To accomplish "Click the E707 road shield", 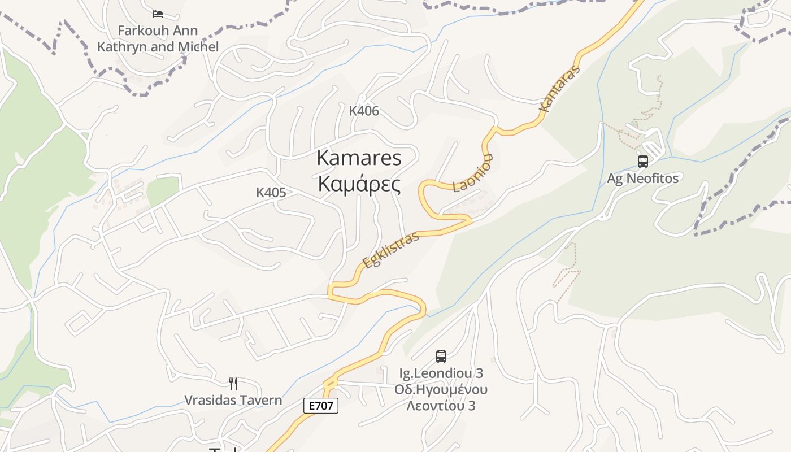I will (321, 405).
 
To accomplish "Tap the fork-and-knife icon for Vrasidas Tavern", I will (233, 384).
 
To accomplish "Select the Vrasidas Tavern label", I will (233, 401).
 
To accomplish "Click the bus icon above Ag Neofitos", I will (642, 162).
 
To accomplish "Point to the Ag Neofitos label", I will (642, 179).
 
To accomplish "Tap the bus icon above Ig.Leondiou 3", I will (441, 357).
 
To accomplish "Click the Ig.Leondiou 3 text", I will (441, 373).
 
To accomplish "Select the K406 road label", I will (364, 111).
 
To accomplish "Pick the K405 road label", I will (271, 192).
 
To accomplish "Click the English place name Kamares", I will (359, 158).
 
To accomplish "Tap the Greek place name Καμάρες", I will (359, 184).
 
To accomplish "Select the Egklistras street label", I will (391, 249).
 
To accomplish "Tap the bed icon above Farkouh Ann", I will (158, 14).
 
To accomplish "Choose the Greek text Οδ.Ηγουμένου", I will (441, 389).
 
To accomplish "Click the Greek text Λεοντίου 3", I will (441, 406).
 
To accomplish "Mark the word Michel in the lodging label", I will (198, 47).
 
